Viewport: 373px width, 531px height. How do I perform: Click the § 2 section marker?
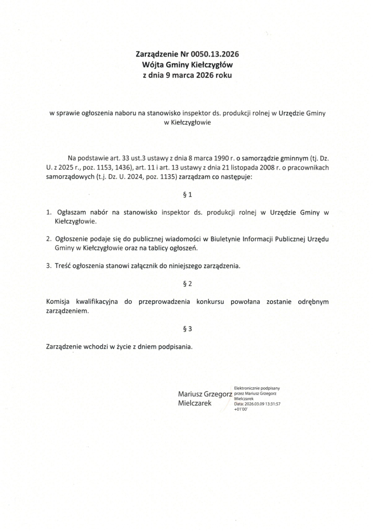pyautogui.click(x=188, y=284)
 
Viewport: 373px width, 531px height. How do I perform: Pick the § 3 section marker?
pyautogui.click(x=188, y=329)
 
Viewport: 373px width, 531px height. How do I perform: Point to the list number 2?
pyautogui.click(x=48, y=239)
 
